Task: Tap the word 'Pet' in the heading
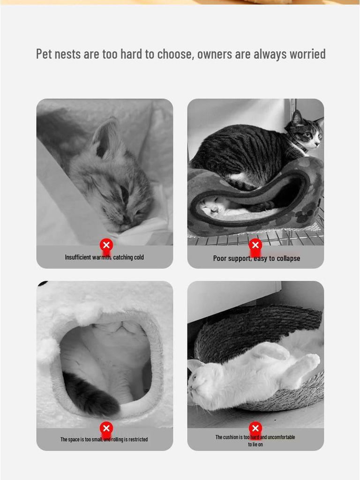pos(44,54)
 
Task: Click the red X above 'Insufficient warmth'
pos(106,245)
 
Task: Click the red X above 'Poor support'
pos(255,245)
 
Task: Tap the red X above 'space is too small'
pos(106,428)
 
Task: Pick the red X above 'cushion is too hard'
pos(255,428)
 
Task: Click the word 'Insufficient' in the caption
pos(77,257)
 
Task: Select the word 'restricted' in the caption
pos(136,440)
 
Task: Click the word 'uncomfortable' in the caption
pos(281,437)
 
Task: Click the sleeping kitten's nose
pos(126,219)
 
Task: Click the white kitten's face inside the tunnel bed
pos(209,205)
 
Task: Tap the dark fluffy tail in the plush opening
pos(91,396)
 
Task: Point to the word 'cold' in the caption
pos(139,257)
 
